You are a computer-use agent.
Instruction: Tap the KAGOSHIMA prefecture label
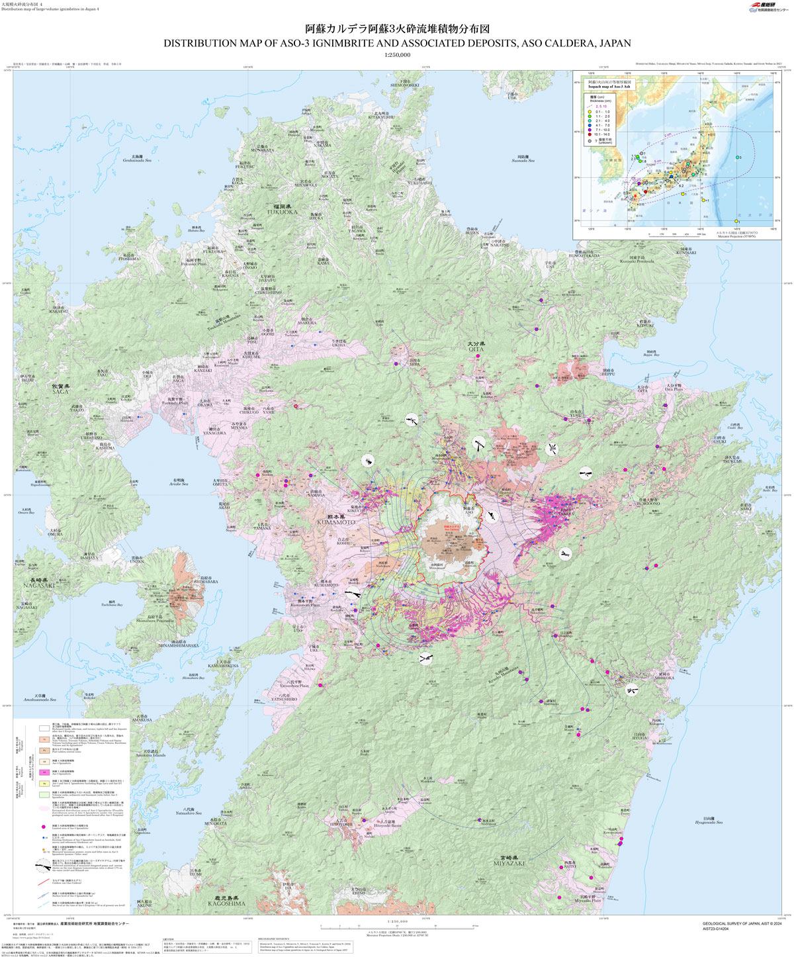226,903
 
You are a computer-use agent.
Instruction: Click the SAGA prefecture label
61,390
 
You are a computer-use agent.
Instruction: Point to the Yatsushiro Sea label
189,811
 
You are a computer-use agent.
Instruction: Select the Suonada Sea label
523,159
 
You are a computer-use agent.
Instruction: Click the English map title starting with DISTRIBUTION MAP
397,43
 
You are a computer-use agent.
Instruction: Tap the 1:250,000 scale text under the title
397,55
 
